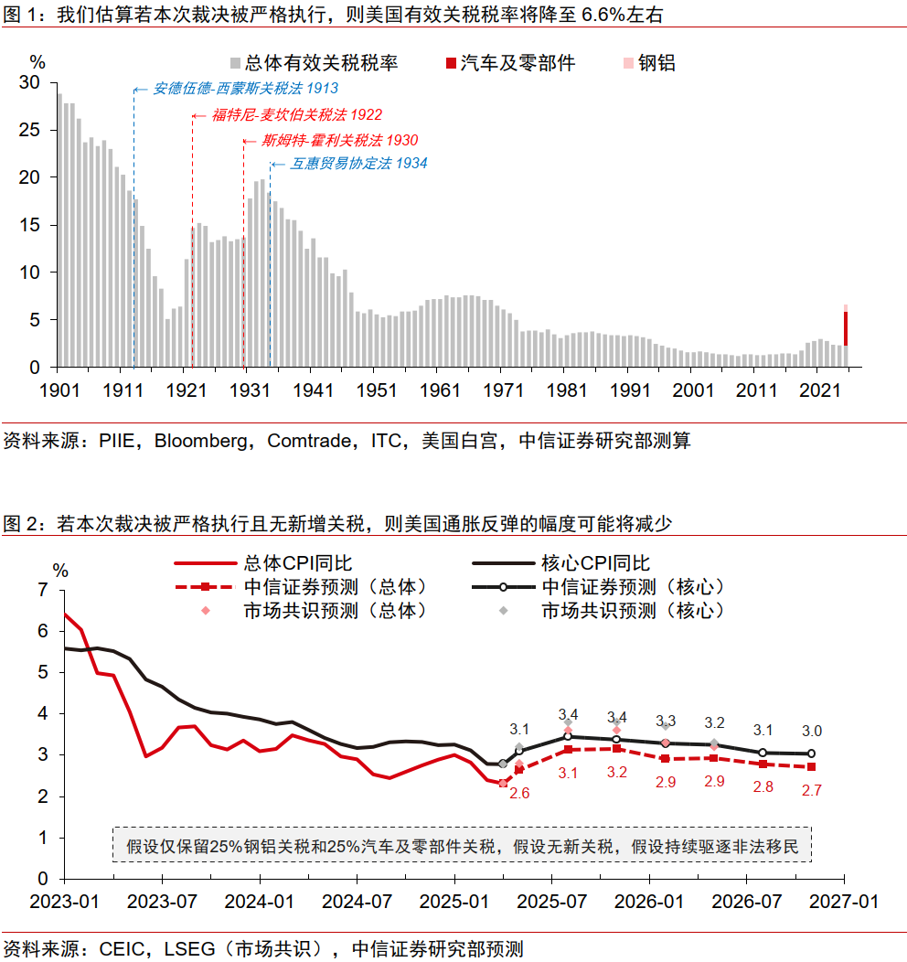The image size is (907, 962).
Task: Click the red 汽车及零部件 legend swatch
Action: [x=450, y=63]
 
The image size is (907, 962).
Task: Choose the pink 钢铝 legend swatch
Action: [x=626, y=63]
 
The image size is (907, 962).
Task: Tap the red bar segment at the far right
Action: [x=846, y=327]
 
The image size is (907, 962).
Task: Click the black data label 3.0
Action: [x=811, y=731]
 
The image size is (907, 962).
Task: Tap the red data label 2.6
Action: [x=519, y=793]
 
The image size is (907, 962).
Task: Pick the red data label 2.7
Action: [x=811, y=790]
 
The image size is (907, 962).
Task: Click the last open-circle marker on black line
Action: [x=811, y=754]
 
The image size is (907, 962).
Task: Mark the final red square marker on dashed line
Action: [x=811, y=766]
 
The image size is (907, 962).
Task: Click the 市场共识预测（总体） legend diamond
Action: [x=205, y=610]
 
